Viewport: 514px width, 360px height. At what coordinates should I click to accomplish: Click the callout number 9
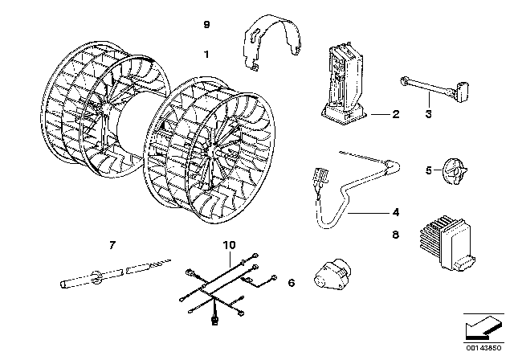(x=206, y=26)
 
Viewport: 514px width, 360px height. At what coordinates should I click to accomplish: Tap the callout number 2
(x=395, y=114)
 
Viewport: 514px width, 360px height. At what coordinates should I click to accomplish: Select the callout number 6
(x=291, y=282)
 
